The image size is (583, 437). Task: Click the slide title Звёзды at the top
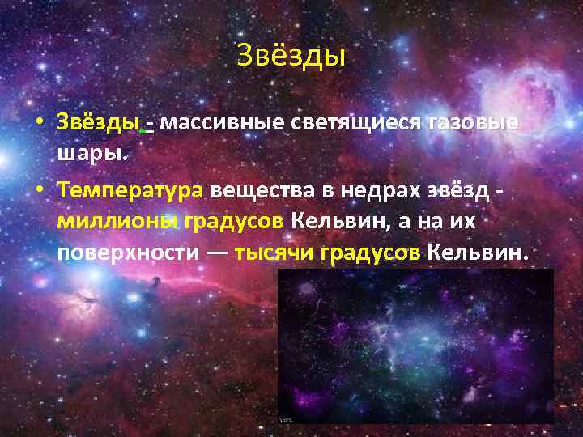click(x=291, y=56)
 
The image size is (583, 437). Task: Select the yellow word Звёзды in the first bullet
click(x=98, y=124)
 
